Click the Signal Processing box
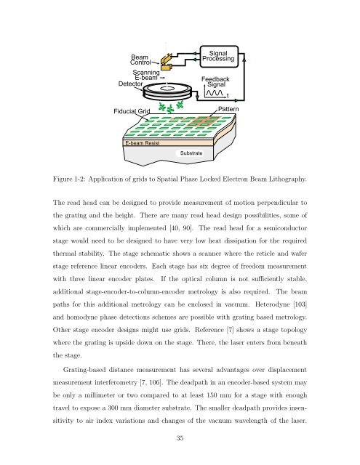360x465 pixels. pyautogui.click(x=219, y=57)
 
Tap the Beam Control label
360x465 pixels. pyautogui.click(x=140, y=60)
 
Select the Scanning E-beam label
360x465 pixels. pyautogui.click(x=146, y=75)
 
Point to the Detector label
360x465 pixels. pyautogui.click(x=131, y=84)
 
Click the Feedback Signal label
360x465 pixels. pyautogui.click(x=215, y=82)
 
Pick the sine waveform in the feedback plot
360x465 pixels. pyautogui.click(x=215, y=93)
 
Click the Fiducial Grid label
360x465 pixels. pyautogui.click(x=132, y=111)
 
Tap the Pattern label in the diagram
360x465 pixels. pyautogui.click(x=228, y=109)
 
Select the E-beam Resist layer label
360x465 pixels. pyautogui.click(x=142, y=143)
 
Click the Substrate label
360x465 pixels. pyautogui.click(x=191, y=153)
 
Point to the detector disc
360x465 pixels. pyautogui.click(x=166, y=92)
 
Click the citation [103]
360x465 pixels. pyautogui.click(x=300, y=304)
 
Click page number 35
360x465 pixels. pyautogui.click(x=180, y=438)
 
